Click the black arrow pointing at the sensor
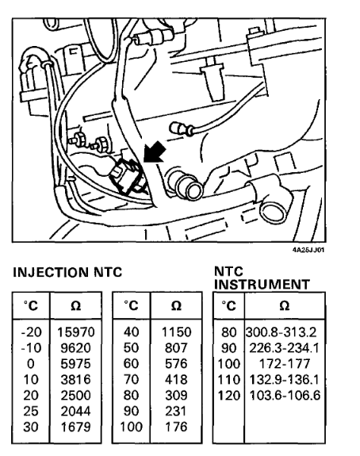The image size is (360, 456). coord(155,151)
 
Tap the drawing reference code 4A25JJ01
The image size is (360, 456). coord(308,250)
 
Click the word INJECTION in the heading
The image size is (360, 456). coord(50,273)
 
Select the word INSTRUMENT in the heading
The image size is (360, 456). coord(262,285)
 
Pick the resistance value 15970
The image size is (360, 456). coord(76,332)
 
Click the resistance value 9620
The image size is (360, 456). coord(75,348)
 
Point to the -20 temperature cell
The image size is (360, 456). coord(31,332)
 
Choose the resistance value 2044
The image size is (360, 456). coord(75,412)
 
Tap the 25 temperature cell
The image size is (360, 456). coord(31,412)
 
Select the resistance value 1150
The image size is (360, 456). coord(176,332)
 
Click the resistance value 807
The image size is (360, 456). coord(176,348)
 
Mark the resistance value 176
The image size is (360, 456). coord(176,427)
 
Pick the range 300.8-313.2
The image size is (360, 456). coord(281,332)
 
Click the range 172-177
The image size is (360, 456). coord(285,364)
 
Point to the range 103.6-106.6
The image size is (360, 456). coord(285,396)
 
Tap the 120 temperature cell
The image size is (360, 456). coord(229,396)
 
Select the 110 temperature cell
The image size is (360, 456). coord(229,380)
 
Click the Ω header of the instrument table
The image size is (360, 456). coord(285,305)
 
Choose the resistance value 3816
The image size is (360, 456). coord(75,380)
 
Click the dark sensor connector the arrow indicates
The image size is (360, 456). coord(127,178)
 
